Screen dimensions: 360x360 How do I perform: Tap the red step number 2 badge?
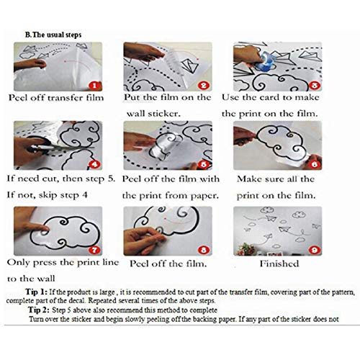(x=204, y=85)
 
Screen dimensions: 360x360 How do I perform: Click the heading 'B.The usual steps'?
(x=54, y=33)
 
